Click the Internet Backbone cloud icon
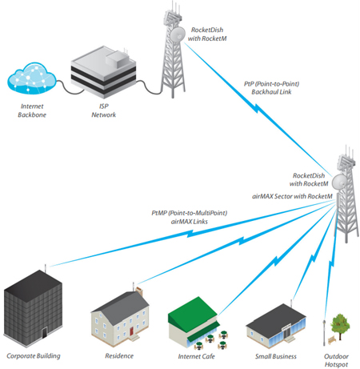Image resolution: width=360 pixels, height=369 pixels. pyautogui.click(x=31, y=78)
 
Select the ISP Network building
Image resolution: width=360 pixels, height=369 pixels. pyautogui.click(x=103, y=72)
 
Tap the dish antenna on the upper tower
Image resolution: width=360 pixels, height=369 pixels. pyautogui.click(x=178, y=34)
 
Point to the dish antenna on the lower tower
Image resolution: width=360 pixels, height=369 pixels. pyautogui.click(x=340, y=182)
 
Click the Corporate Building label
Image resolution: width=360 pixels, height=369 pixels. pyautogui.click(x=34, y=356)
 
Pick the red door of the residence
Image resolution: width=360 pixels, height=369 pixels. pyautogui.click(x=131, y=331)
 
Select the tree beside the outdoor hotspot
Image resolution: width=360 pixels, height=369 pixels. pyautogui.click(x=340, y=326)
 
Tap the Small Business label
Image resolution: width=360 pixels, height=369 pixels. pyautogui.click(x=276, y=356)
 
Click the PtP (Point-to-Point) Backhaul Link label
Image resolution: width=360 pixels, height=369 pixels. pyautogui.click(x=271, y=88)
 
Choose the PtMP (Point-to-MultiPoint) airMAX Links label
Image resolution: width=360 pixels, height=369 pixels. pyautogui.click(x=190, y=217)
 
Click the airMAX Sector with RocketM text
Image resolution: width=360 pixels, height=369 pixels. pyautogui.click(x=292, y=196)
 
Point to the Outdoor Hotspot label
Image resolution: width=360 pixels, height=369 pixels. pyautogui.click(x=336, y=360)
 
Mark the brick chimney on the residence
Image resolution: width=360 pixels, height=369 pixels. pyautogui.click(x=139, y=291)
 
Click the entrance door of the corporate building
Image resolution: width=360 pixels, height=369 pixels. pyautogui.click(x=44, y=333)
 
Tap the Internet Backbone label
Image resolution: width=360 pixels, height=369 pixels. pyautogui.click(x=32, y=110)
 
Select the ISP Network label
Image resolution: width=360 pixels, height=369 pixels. pyautogui.click(x=104, y=110)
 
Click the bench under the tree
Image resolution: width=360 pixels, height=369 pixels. pyautogui.click(x=332, y=340)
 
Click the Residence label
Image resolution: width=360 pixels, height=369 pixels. pyautogui.click(x=119, y=356)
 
